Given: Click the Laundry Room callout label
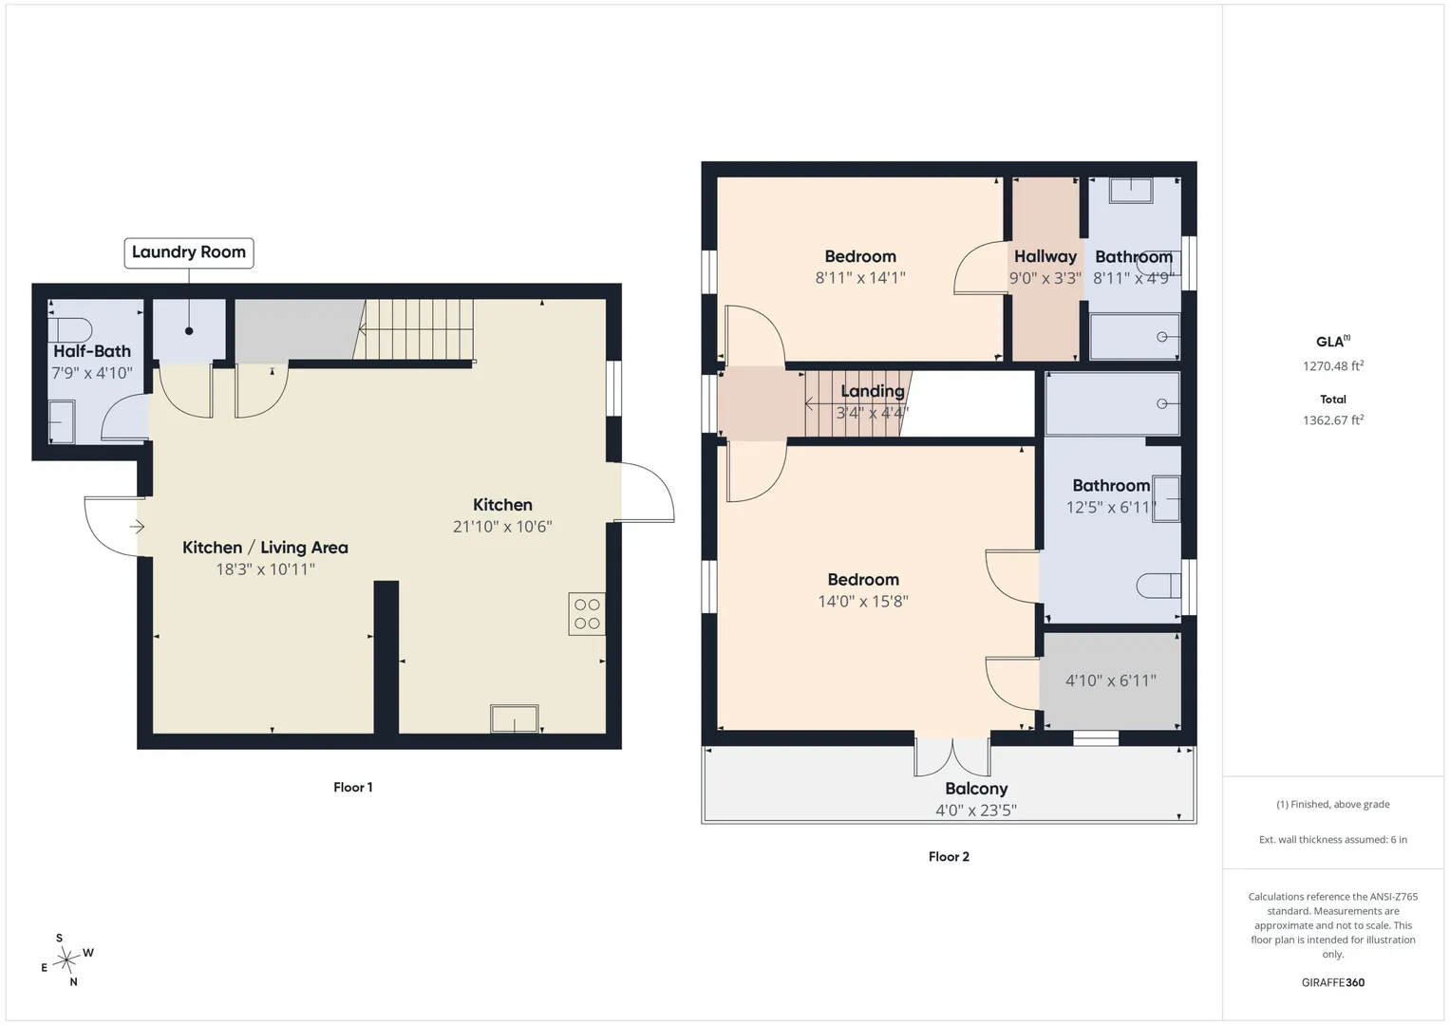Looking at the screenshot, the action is [189, 252].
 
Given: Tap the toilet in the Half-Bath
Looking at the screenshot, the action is [70, 330].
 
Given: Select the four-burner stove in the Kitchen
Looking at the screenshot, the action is [587, 614].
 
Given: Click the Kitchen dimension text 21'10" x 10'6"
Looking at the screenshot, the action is [502, 527].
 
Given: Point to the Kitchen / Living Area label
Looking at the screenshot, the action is [265, 548].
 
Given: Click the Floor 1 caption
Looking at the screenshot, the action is [353, 788].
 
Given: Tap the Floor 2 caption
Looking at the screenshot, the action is [949, 857].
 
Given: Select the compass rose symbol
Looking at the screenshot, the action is [66, 960].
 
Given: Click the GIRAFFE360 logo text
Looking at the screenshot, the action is [1333, 982].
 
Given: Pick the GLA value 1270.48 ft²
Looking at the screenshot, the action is [1333, 365].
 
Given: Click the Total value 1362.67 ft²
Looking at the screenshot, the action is [1333, 419].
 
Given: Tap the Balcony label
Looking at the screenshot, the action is [976, 789].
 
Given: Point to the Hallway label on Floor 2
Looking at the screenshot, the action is [1045, 257].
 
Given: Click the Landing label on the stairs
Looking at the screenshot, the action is [873, 391].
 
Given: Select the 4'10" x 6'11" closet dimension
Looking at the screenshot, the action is [1111, 680].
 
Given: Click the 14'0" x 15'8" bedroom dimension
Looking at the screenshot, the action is [863, 601].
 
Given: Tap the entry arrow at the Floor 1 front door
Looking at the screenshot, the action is [138, 527].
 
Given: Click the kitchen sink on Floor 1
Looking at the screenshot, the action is [514, 719].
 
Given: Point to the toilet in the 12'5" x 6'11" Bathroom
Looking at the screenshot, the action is [1158, 587].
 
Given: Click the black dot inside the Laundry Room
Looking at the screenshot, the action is [189, 331].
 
